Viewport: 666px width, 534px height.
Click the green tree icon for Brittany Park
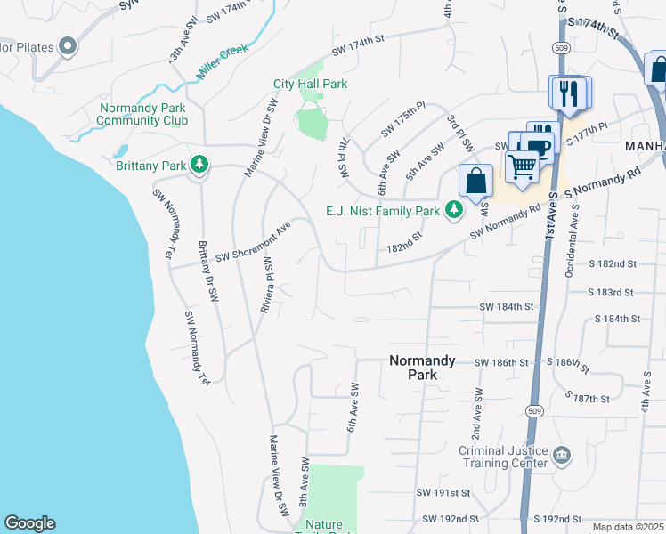pyautogui.click(x=201, y=165)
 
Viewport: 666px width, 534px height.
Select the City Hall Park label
pyautogui.click(x=310, y=85)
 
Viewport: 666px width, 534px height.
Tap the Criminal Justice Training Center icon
pyautogui.click(x=562, y=457)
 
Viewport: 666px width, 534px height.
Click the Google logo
pyautogui.click(x=29, y=523)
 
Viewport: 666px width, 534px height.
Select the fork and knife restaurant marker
pyautogui.click(x=569, y=93)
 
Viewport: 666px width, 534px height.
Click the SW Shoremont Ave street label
pyautogui.click(x=253, y=242)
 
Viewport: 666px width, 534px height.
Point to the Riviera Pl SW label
pyautogui.click(x=265, y=285)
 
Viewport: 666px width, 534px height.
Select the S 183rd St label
pyautogui.click(x=611, y=292)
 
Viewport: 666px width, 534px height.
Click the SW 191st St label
pyautogui.click(x=443, y=492)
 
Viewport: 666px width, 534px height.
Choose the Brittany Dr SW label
pyautogui.click(x=207, y=272)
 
